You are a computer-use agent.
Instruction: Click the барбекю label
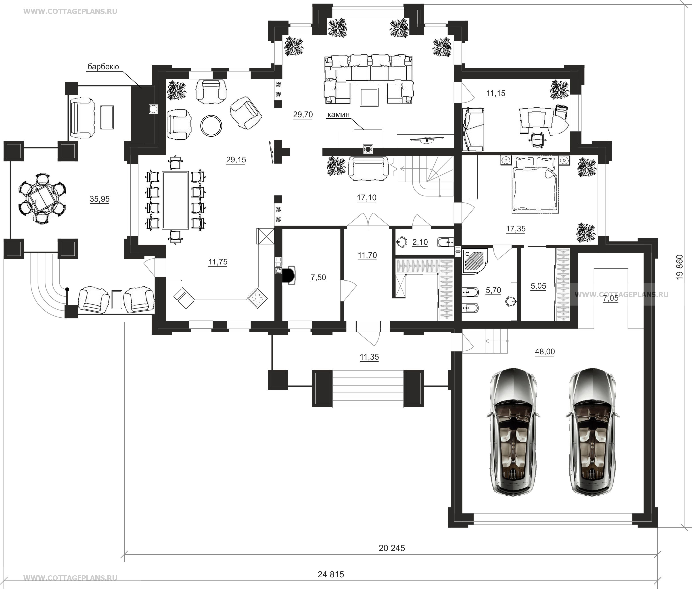pos(103,67)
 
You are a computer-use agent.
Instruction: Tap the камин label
pos(338,115)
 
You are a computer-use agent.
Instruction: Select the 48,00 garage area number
pos(545,352)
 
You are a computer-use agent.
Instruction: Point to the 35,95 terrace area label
pos(99,199)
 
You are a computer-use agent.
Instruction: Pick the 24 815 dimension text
pos(330,574)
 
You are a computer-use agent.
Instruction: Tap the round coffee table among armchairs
pos(211,126)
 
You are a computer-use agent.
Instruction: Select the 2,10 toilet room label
pos(420,242)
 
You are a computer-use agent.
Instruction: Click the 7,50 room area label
pos(318,277)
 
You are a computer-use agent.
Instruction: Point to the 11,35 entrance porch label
pos(369,357)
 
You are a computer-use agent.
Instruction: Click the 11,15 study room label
pos(496,94)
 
